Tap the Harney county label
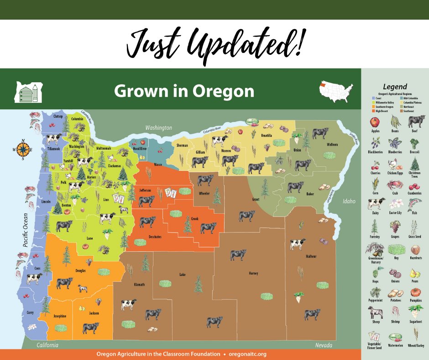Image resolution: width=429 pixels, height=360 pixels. point(253,273)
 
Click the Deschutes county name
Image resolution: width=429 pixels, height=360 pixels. point(155,237)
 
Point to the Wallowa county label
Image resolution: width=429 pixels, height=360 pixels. point(332,144)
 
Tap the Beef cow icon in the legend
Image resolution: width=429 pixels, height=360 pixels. point(416,122)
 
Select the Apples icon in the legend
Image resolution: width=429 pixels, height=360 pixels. point(375,123)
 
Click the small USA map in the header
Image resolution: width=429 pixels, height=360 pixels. point(335,91)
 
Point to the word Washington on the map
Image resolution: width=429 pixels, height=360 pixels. point(158,128)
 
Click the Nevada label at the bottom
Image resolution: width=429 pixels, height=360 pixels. point(324,345)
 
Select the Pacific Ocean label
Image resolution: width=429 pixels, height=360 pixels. point(26,230)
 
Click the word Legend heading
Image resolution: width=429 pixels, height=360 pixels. point(395,86)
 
